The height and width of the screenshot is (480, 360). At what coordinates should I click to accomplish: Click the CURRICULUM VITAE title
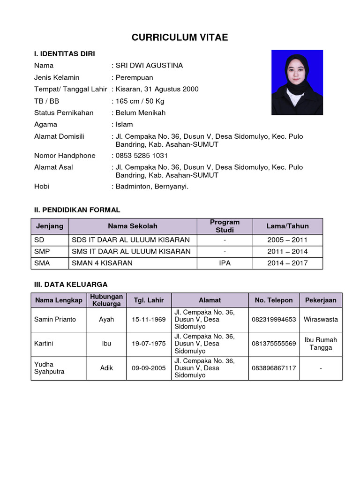coord(180,37)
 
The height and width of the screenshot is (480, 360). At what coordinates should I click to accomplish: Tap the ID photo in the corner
coord(297,82)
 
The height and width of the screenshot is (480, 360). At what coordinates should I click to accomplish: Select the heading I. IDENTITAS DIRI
coord(64,54)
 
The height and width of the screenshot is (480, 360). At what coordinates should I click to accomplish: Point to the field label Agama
coord(45,124)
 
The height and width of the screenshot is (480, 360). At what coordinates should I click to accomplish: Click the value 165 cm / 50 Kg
coord(140,101)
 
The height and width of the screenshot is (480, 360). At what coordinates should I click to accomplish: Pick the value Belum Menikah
coord(141,112)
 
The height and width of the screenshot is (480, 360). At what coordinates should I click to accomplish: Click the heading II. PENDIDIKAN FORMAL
coord(77,210)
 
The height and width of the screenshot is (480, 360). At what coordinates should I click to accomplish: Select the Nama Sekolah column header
coord(133,226)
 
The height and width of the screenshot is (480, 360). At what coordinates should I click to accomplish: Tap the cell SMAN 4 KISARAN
coord(102,263)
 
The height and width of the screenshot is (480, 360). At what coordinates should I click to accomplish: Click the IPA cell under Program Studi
coord(225,263)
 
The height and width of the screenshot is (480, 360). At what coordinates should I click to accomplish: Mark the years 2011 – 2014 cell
coord(287,251)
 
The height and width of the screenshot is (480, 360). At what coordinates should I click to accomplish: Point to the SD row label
coord(39,240)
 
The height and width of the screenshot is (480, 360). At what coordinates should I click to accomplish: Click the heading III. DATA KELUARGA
coord(71,284)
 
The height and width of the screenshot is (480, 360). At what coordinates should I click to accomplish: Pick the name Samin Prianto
coord(55,319)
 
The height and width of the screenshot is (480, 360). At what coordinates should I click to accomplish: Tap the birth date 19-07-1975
coord(149,344)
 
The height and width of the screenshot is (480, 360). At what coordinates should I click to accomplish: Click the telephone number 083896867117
coord(274,368)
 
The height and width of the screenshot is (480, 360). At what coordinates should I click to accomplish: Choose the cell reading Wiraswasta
coord(321,319)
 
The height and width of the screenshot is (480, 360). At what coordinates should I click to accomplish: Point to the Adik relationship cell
coord(106,368)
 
